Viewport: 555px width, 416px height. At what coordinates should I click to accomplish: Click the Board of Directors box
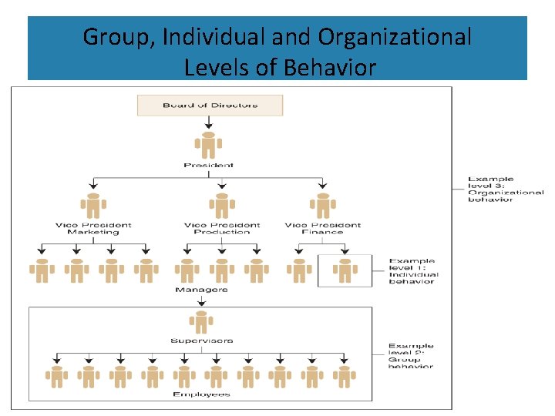click(x=210, y=105)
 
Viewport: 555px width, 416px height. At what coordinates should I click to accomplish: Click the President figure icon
click(x=209, y=144)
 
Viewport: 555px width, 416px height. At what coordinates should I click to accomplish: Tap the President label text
click(x=209, y=165)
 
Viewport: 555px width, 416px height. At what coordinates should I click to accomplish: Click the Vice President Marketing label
click(x=93, y=228)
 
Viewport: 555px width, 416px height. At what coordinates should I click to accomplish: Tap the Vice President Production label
click(x=222, y=228)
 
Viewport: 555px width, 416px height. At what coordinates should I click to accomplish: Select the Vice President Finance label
click(x=322, y=228)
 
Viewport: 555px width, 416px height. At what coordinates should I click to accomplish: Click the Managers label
click(x=201, y=289)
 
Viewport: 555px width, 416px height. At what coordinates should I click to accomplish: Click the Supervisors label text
click(x=201, y=341)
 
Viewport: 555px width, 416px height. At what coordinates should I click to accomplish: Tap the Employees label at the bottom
click(x=201, y=394)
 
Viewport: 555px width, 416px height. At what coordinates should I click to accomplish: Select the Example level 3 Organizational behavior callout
click(x=505, y=190)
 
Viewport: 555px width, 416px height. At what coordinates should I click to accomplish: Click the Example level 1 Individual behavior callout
click(x=412, y=271)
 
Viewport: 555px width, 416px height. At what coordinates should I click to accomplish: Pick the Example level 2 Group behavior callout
click(x=411, y=356)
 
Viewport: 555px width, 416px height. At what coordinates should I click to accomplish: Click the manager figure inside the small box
click(x=344, y=270)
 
